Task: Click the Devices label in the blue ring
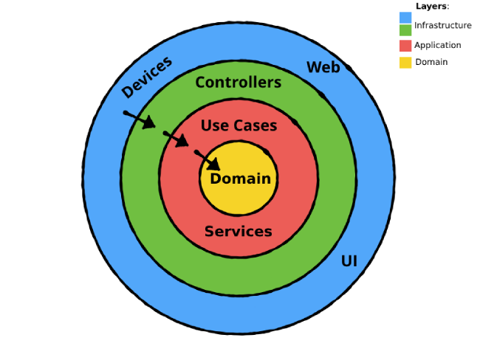click(x=146, y=77)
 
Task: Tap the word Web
click(x=323, y=67)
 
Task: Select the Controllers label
click(x=238, y=83)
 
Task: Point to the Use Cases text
click(x=239, y=125)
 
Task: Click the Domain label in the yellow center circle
click(x=240, y=179)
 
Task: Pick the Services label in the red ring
click(x=238, y=232)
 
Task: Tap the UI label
click(x=349, y=260)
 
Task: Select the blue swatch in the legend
click(x=405, y=17)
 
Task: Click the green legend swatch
click(x=405, y=30)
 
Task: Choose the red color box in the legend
click(x=405, y=46)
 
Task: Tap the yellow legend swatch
click(x=405, y=62)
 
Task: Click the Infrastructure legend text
click(x=442, y=25)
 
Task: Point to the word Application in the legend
click(x=437, y=45)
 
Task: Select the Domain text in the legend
click(x=431, y=62)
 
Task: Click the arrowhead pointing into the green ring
click(x=150, y=123)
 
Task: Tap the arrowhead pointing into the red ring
click(x=185, y=142)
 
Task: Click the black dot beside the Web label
click(x=349, y=68)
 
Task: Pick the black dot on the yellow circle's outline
click(x=266, y=151)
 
